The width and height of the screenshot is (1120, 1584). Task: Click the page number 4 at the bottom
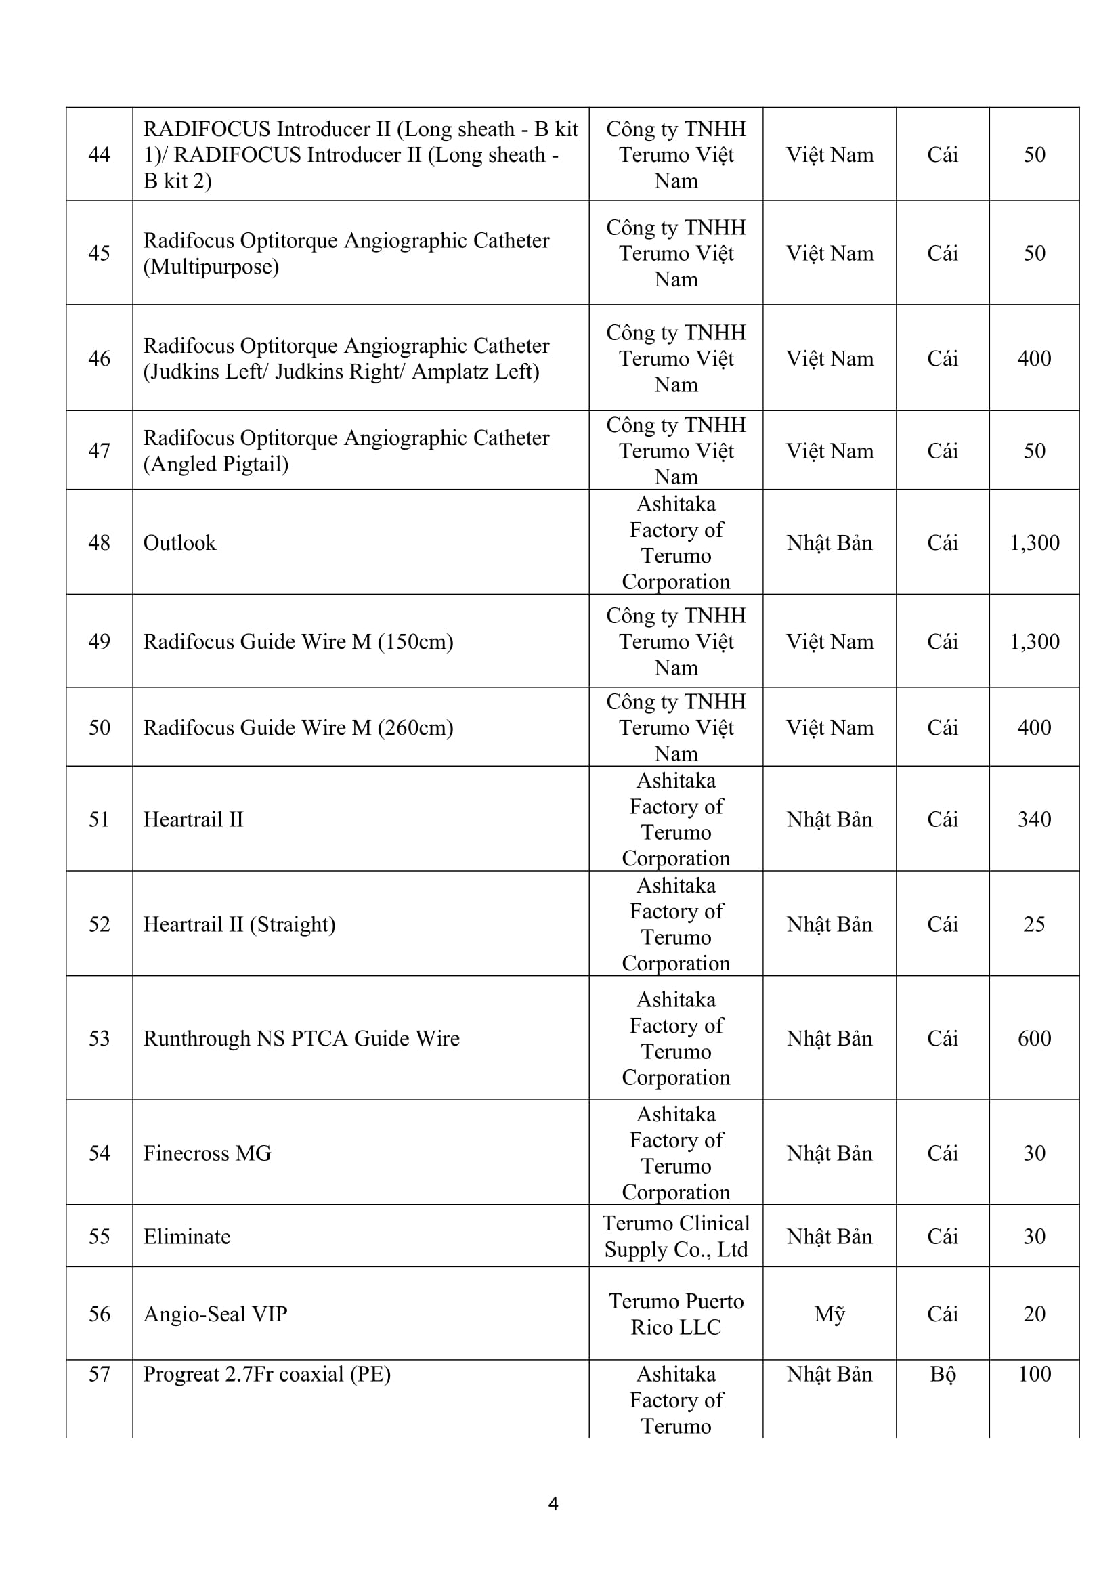coord(553,1503)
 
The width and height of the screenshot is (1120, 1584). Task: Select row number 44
coord(100,154)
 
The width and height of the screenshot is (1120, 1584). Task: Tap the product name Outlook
coord(179,543)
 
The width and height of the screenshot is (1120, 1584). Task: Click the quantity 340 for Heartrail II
coord(1034,819)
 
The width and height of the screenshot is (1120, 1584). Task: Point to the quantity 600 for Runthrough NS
coord(1034,1038)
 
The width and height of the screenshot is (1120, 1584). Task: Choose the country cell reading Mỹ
coord(829,1314)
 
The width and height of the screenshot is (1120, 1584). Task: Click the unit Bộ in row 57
coord(942,1374)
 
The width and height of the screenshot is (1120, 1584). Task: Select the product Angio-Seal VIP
coord(215,1314)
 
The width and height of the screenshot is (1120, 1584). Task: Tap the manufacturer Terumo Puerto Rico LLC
coord(676,1314)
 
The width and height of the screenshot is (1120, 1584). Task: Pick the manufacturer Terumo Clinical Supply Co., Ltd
coord(676,1237)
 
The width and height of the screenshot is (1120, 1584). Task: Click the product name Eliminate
coord(187,1237)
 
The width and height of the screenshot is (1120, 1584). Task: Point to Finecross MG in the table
coord(207,1153)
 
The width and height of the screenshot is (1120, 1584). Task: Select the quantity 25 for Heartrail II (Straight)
coord(1034,924)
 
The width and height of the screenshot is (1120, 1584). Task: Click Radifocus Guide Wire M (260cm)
coord(298,727)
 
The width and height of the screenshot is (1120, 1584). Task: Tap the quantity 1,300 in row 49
coord(1034,641)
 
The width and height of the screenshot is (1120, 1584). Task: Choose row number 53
coord(100,1038)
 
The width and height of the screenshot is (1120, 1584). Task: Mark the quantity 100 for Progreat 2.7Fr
coord(1034,1374)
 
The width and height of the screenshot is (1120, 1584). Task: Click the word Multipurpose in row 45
coord(211,267)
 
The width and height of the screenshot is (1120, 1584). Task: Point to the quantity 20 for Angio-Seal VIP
coord(1034,1314)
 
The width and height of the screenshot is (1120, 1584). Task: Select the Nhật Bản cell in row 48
coord(829,543)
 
